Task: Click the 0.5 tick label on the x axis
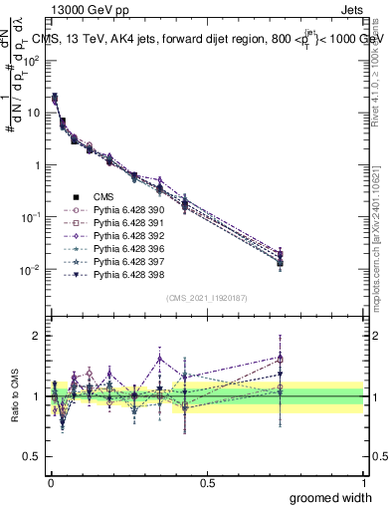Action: pos(207,481)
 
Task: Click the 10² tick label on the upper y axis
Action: pos(31,61)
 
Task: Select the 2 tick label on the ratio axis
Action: pos(37,336)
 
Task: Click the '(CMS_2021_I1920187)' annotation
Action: pos(207,298)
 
